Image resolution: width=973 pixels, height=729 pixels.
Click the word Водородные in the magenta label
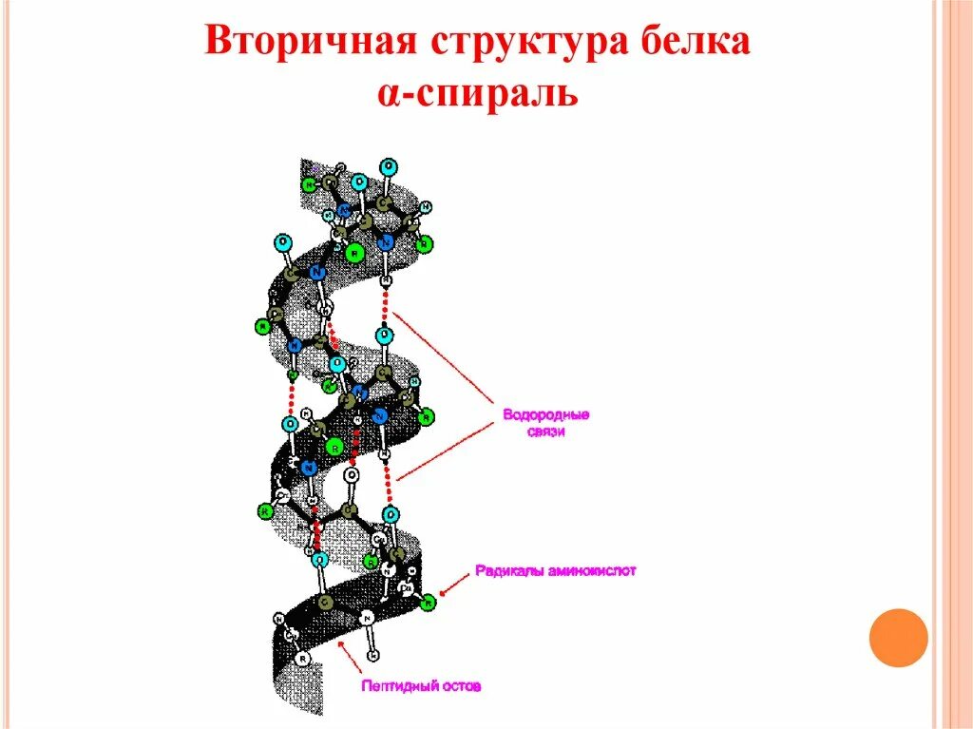[x=546, y=415]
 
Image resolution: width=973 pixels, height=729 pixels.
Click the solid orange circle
[x=898, y=637]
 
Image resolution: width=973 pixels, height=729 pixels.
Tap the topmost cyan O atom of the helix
[x=389, y=165]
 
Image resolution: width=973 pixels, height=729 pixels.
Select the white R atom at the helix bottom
[x=302, y=658]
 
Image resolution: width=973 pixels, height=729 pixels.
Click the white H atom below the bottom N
[x=373, y=656]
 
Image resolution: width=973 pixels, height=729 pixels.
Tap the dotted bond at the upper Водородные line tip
[x=385, y=306]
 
